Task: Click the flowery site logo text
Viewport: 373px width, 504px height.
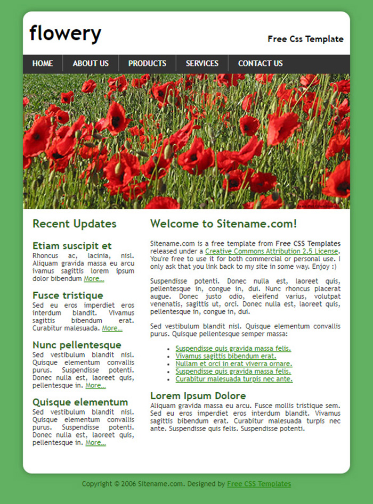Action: (65, 34)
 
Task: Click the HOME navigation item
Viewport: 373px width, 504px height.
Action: (43, 63)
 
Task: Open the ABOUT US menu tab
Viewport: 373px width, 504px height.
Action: (91, 63)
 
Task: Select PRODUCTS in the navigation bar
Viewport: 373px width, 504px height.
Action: (147, 63)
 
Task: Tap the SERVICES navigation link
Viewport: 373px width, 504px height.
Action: (202, 63)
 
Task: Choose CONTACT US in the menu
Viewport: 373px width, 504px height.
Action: (260, 63)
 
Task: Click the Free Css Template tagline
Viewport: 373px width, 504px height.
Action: (305, 39)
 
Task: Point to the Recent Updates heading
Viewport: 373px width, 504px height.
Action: (74, 224)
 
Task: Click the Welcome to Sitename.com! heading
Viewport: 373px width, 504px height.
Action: (223, 224)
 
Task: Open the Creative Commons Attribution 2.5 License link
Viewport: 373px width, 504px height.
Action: (272, 251)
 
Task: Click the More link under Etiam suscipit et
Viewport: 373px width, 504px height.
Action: (94, 278)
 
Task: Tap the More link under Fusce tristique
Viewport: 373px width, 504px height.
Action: (112, 328)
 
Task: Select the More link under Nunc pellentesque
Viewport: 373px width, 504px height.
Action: (95, 385)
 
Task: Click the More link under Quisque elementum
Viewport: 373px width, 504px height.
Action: (95, 442)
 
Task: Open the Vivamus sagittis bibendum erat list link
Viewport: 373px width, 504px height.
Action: (226, 356)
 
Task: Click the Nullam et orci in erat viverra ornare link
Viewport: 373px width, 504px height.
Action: (234, 363)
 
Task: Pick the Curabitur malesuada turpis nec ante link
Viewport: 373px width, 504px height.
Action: (234, 379)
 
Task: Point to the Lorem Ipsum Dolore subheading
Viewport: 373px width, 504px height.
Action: (198, 395)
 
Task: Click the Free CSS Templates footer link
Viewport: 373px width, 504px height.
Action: (259, 484)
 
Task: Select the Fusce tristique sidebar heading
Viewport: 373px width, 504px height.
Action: (68, 295)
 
